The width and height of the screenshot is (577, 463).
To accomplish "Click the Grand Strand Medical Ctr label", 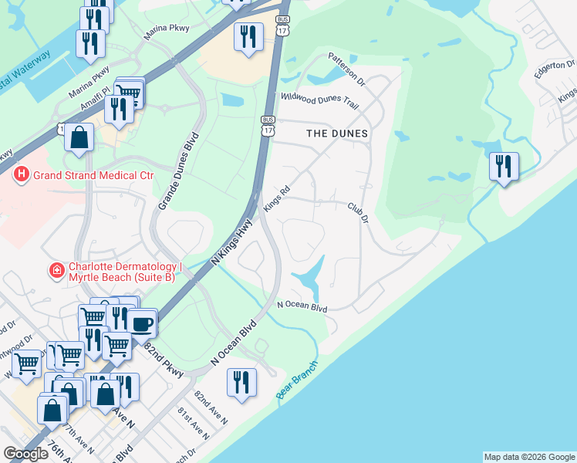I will coord(93,175).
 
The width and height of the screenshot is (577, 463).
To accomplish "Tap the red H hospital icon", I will coord(22,175).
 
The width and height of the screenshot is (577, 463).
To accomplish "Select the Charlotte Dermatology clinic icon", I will coord(56,270).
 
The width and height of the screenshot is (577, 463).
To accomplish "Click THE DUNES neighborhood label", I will coord(337,133).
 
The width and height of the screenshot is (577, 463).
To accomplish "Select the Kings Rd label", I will coord(276,198).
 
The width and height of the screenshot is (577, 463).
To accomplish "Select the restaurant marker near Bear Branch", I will coord(241,384).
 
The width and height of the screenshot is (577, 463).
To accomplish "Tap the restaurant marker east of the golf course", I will coord(504,167).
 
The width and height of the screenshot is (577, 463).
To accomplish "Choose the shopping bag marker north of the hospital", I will coord(79,139).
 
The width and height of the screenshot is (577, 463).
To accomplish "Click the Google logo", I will coord(25,454).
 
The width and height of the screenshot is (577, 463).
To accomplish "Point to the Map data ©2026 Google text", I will coord(529,457).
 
